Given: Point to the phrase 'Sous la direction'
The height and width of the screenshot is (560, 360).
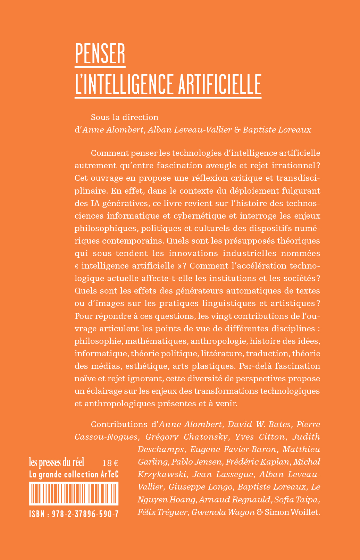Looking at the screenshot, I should click(x=125, y=117).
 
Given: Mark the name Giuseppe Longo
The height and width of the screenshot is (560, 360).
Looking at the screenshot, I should click(x=200, y=486).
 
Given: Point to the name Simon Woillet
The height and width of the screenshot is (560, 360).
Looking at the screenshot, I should click(x=292, y=511).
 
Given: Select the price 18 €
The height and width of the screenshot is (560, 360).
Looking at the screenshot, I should click(x=110, y=463).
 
